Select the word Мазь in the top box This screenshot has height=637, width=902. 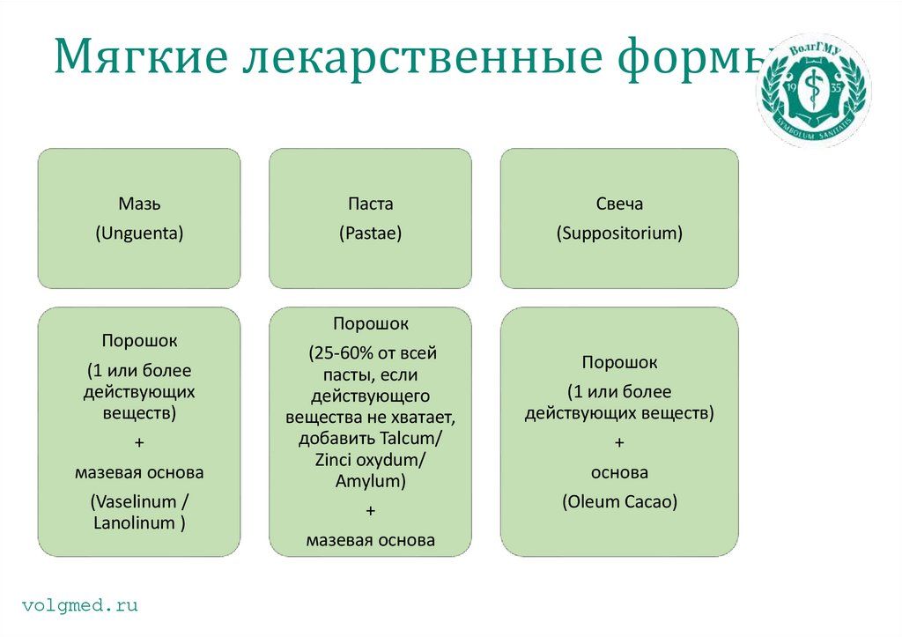(139, 204)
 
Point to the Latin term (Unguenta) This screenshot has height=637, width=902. (139, 233)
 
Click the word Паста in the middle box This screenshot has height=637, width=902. (370, 204)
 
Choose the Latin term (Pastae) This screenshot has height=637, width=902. (370, 233)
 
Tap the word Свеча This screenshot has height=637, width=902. (619, 204)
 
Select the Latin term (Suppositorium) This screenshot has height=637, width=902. (619, 233)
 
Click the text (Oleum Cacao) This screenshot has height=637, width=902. (619, 502)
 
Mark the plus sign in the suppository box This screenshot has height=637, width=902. (619, 441)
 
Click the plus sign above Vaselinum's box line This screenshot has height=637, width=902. (139, 441)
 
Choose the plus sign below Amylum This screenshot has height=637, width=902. (370, 510)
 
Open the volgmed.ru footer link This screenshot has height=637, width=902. (80, 605)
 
